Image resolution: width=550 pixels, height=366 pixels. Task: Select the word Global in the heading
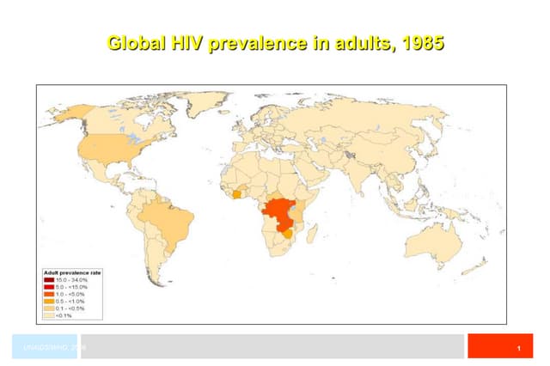[x=134, y=42]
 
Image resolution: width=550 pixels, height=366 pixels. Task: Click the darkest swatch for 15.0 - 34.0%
[x=49, y=280]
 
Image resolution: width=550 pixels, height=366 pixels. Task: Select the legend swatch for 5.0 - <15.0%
[x=49, y=286]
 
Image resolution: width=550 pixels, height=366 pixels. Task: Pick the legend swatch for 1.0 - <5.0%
[x=49, y=293]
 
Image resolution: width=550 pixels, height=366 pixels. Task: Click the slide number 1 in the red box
[x=520, y=347]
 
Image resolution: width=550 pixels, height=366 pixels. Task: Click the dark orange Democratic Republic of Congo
[x=279, y=210]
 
